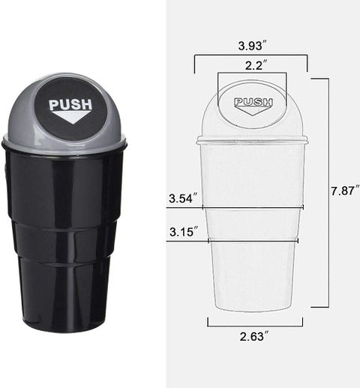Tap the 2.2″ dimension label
point(254,65)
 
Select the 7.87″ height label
point(346,191)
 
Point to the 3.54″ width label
point(184,198)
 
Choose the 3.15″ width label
point(184,232)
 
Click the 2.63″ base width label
point(255,336)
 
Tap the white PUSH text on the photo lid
point(70,104)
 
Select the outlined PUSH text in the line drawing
point(253,102)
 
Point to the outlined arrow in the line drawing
point(253,110)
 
